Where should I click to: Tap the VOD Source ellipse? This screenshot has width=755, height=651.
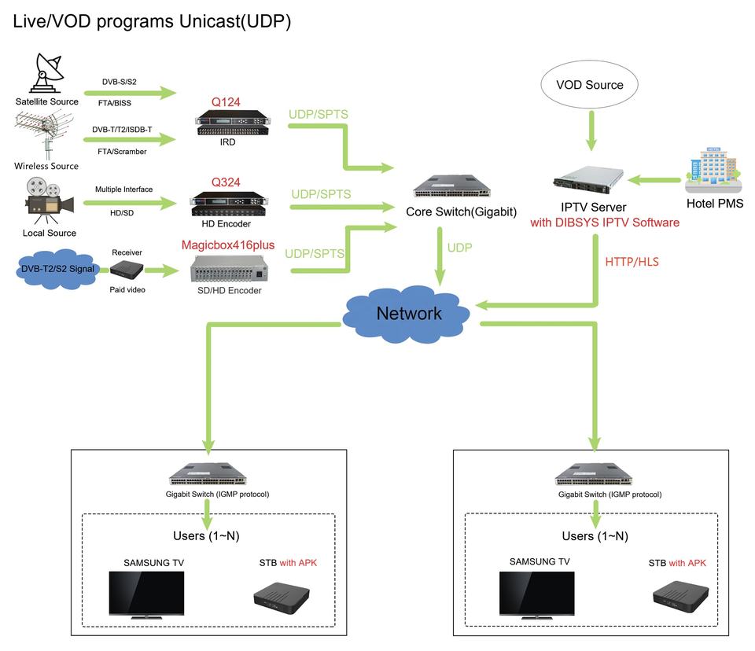click(x=589, y=85)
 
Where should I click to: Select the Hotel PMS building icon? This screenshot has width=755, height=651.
click(x=713, y=170)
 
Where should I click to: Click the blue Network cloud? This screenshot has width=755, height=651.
click(x=407, y=314)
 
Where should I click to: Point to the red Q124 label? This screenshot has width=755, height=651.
click(x=226, y=102)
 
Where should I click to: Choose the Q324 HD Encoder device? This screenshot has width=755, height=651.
click(x=229, y=204)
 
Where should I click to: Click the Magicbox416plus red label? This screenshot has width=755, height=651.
click(x=228, y=245)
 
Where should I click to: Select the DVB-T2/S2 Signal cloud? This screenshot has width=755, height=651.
click(x=57, y=269)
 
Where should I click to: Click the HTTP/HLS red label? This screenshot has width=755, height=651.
click(x=632, y=262)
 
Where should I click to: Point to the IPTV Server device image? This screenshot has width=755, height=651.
click(x=588, y=179)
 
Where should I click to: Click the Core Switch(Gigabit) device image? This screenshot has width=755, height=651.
click(x=451, y=186)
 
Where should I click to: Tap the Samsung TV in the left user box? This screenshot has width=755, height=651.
click(x=146, y=595)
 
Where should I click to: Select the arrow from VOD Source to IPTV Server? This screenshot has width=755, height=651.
click(x=591, y=131)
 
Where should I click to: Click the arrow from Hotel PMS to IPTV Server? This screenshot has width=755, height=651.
click(x=654, y=180)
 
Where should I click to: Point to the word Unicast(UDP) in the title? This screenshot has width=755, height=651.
click(x=235, y=22)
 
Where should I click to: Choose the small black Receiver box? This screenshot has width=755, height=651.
click(x=127, y=270)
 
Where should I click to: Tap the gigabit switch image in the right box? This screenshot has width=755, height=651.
click(x=594, y=474)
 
